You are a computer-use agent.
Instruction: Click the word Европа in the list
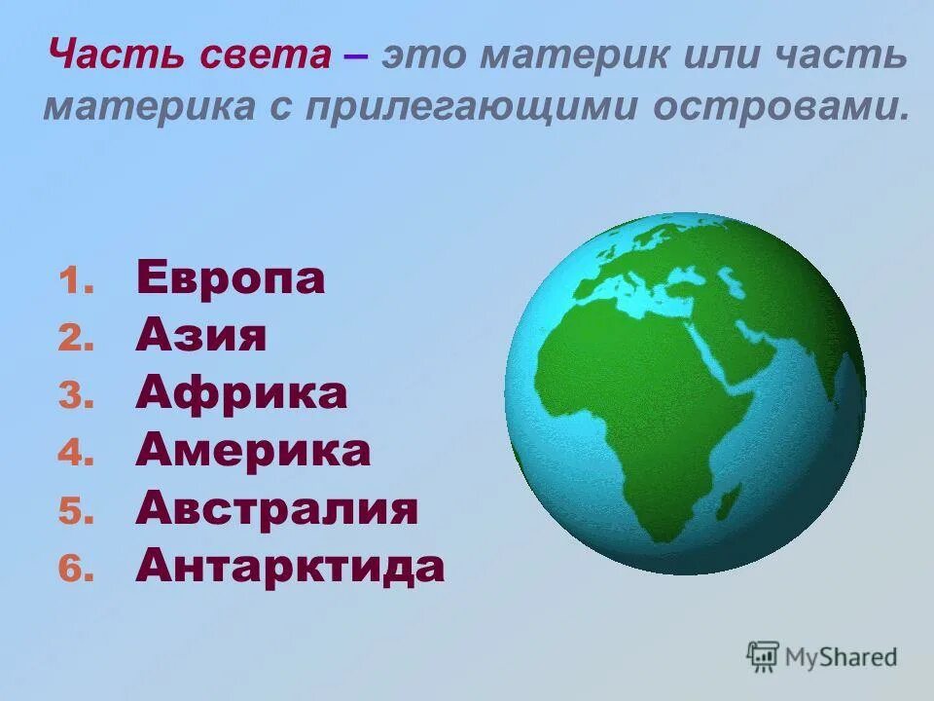(231, 279)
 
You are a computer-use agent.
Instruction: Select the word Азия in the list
(200, 337)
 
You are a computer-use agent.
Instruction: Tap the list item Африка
(241, 393)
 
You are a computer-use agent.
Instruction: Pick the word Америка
(253, 451)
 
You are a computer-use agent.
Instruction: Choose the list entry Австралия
(277, 508)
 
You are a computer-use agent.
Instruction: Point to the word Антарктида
(290, 566)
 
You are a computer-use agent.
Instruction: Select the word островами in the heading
(780, 105)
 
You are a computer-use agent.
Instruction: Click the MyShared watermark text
(842, 657)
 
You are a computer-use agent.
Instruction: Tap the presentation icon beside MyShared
(762, 656)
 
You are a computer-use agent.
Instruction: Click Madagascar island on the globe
(725, 503)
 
